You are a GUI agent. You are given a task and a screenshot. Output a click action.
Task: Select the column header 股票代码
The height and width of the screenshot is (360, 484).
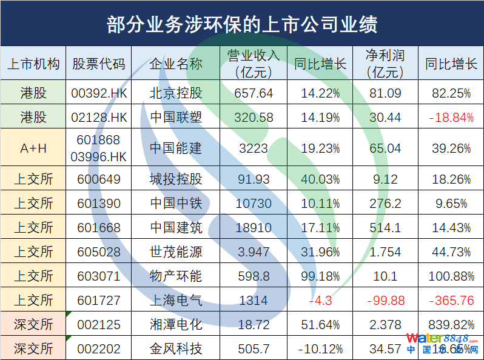tap(99, 64)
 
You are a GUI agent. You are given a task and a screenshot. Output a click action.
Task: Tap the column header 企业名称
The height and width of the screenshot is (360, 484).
tap(176, 64)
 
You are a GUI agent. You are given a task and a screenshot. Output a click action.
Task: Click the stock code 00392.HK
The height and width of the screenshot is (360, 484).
tap(99, 93)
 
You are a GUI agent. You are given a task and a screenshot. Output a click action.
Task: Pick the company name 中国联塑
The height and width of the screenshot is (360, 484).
tap(176, 117)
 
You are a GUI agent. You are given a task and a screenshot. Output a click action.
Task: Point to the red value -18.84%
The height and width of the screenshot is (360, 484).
tap(451, 117)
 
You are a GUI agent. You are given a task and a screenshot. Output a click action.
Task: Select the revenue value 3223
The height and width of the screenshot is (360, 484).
tap(253, 148)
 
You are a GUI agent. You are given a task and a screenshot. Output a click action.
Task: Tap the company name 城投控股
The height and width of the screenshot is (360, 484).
tap(176, 179)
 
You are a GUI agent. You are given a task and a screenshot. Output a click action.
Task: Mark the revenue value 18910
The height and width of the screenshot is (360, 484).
tap(253, 228)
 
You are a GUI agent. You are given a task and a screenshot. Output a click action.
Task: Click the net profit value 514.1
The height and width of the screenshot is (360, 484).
tap(385, 228)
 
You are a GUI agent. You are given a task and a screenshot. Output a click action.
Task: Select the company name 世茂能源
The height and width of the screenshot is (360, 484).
tap(176, 252)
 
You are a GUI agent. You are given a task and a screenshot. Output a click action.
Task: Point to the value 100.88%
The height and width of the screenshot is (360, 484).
tap(451, 276)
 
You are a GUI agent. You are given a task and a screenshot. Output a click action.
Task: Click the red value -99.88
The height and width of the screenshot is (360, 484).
tap(385, 301)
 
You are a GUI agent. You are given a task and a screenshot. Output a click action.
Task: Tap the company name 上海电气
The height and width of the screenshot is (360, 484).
tap(176, 301)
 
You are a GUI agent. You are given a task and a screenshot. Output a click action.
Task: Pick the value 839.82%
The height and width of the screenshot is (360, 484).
tap(451, 325)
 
